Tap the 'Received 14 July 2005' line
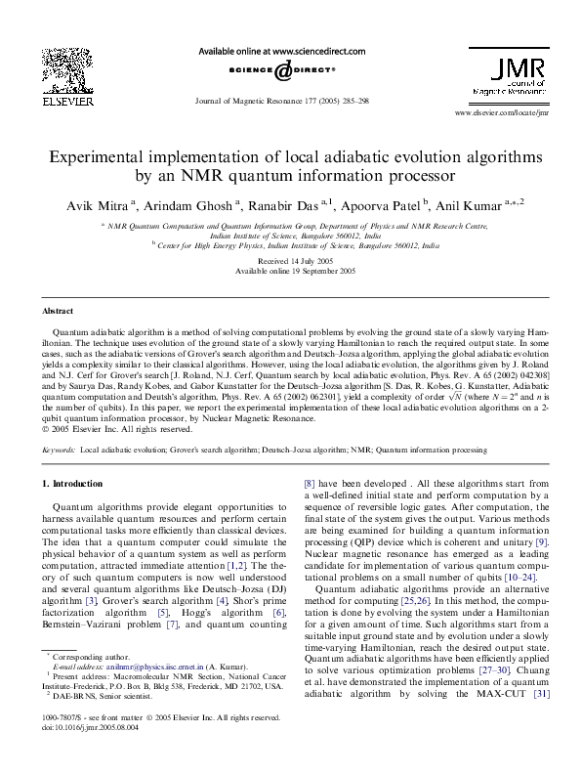tap(290, 261)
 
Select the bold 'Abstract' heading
tap(57, 310)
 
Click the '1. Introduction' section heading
tap(73, 484)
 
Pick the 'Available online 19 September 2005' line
tap(290, 271)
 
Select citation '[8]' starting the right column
tap(310, 483)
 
